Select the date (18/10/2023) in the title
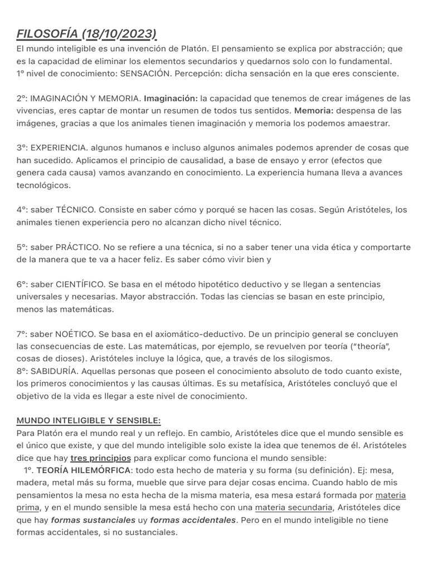(119, 35)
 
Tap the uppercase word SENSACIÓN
(145, 73)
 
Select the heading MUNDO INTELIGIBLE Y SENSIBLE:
(89, 421)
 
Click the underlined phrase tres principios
(101, 458)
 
